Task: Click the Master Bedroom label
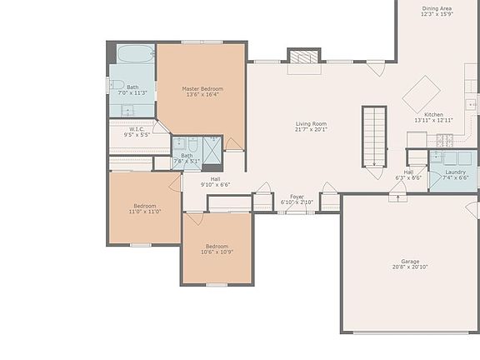coord(202,89)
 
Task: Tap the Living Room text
coord(311,123)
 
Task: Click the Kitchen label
coord(433,114)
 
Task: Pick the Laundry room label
coord(455,172)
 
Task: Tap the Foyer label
coord(297,197)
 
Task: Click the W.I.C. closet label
coord(136,128)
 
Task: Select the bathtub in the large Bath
coord(134,54)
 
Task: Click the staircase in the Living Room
coord(374,136)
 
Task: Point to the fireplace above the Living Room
coord(303,57)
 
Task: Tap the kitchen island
coord(421,93)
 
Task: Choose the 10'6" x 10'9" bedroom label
coord(217,246)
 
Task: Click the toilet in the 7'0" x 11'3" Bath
coord(116,84)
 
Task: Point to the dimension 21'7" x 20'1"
coord(311,129)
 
